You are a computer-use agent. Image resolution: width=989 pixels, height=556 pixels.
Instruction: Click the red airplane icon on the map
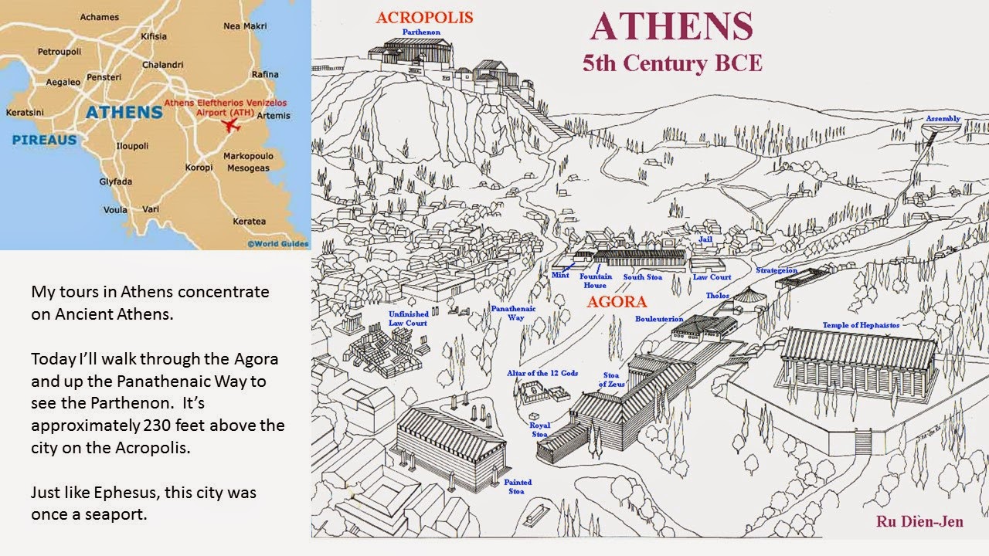point(229,125)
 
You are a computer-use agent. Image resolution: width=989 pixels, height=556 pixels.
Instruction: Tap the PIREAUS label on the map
point(44,140)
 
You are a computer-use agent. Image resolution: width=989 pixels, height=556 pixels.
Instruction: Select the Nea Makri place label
point(244,25)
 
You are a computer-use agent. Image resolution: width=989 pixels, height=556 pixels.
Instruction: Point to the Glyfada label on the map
point(116,181)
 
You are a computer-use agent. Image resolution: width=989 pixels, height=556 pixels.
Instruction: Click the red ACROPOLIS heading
point(424,17)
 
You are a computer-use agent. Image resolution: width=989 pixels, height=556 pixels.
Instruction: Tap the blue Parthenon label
point(423,32)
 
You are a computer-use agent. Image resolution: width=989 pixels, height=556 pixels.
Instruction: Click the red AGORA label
point(616,302)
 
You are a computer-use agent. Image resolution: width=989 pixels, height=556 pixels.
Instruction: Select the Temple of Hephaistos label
point(861,325)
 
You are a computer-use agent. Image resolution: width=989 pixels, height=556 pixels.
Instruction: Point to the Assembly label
point(943,119)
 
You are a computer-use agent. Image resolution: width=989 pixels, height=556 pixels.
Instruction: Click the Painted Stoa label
point(518,486)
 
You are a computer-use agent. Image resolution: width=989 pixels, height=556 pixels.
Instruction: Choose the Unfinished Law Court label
point(408,318)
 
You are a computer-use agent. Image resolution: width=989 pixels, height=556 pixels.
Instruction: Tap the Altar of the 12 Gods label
point(542,373)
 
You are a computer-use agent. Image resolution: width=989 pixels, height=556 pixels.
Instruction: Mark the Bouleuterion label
point(659,319)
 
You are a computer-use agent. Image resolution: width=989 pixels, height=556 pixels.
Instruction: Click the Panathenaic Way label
point(513,313)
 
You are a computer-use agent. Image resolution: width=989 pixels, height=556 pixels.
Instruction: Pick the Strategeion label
point(777,270)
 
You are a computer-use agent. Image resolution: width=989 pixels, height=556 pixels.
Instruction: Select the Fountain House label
point(596,280)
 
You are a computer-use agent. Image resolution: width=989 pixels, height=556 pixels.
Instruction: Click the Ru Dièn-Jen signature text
point(919,522)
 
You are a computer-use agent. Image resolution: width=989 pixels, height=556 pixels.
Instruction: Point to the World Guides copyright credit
point(277,244)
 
